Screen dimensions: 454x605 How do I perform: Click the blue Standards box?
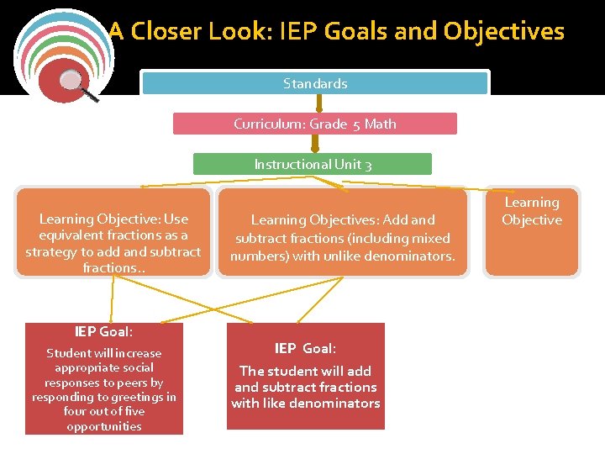click(315, 83)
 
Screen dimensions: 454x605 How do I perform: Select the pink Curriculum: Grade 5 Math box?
click(315, 124)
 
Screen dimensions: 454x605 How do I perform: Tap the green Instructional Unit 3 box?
click(313, 164)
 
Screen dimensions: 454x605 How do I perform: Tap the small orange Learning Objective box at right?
click(532, 231)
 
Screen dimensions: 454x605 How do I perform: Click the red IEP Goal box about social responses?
click(104, 378)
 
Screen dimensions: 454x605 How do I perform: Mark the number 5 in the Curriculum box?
click(356, 124)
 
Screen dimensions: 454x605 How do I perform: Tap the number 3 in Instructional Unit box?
click(367, 165)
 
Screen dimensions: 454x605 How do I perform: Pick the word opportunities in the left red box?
click(104, 426)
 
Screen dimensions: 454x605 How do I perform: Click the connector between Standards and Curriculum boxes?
click(318, 103)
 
